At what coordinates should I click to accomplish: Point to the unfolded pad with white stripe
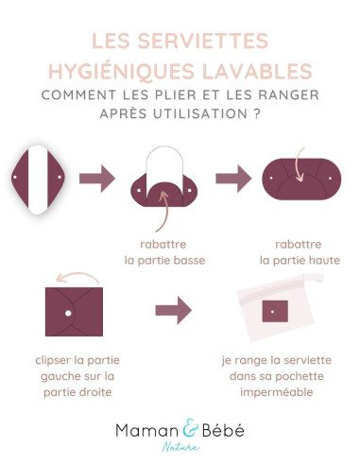pos(39,177)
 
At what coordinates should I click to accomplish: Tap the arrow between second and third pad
pos(231,177)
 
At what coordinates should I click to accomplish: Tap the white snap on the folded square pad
pos(68,311)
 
